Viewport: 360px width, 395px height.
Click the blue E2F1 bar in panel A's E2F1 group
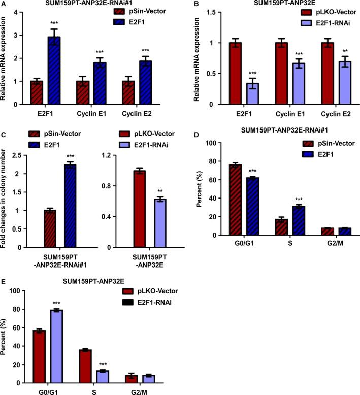click(61, 71)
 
